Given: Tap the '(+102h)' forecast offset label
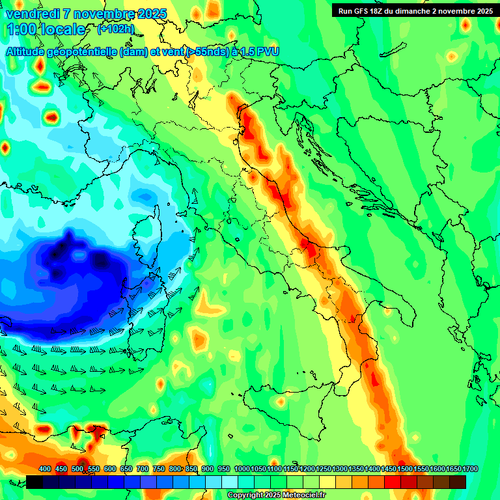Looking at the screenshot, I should point(115,29).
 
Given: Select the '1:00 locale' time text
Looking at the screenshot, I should point(46,29).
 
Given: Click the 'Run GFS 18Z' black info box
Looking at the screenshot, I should point(415,10).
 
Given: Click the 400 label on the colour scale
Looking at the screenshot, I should point(45,469).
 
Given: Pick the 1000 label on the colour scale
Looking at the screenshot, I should point(242,469).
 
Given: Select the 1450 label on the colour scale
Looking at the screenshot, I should point(389,469).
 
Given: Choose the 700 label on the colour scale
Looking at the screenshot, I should point(142,469).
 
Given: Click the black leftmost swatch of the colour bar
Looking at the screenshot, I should point(35,482).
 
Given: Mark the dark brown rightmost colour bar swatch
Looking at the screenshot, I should point(458,482).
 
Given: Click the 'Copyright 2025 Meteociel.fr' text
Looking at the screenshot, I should point(276,495).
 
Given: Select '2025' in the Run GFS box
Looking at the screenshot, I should point(483,10).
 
